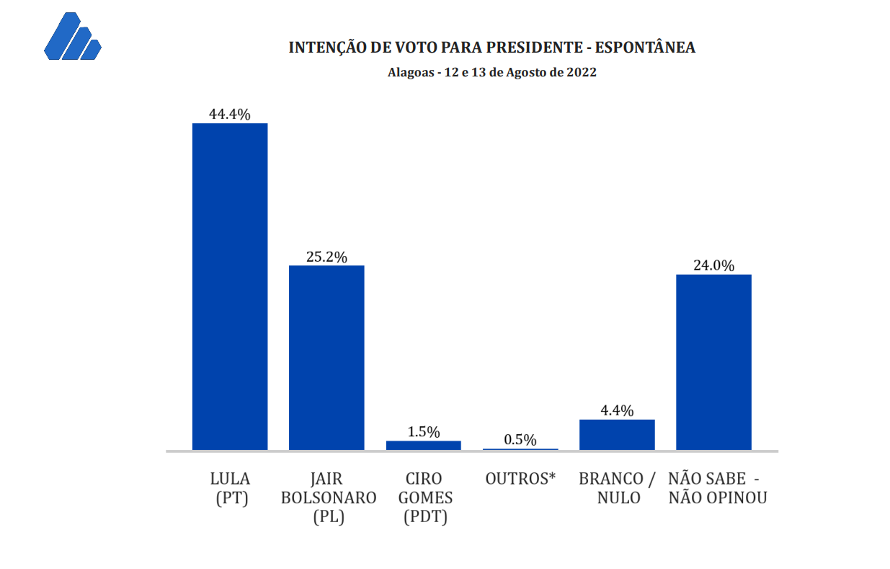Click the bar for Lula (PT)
coord(230,286)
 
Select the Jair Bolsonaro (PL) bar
coord(326,358)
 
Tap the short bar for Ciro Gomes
coord(423,446)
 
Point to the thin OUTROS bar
coord(520,449)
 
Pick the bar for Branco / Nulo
coord(617,435)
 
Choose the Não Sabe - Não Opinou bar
coord(713,362)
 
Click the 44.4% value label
coord(230,114)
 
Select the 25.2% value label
coord(326,257)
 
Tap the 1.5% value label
coord(423,432)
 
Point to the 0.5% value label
coord(520,440)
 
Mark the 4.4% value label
coord(617,411)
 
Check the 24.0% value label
coord(713,265)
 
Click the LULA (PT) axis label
coord(230,488)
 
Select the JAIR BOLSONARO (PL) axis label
coord(329,498)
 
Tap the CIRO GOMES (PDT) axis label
coord(425,498)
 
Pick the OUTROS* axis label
coord(520,479)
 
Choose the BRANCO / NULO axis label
coord(618,488)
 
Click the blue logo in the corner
coord(72,38)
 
